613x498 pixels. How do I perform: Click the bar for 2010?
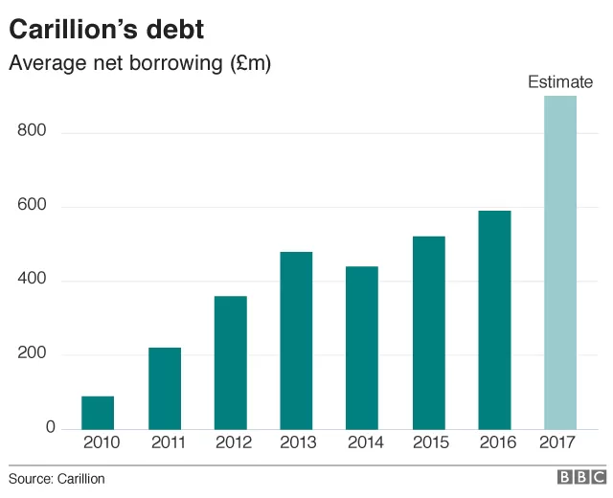(98, 413)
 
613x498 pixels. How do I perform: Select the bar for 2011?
(165, 389)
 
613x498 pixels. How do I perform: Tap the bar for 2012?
(231, 363)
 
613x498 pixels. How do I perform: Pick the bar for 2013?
(296, 341)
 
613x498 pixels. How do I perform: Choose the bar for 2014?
(362, 348)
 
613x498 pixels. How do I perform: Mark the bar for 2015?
(429, 333)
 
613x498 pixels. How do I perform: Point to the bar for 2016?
(494, 320)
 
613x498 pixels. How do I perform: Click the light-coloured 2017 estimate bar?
(560, 262)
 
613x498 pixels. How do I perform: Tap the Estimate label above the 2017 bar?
(560, 82)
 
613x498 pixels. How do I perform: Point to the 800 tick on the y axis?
(32, 130)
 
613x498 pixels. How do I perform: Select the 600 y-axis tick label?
(32, 204)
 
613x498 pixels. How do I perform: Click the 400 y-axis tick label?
(32, 279)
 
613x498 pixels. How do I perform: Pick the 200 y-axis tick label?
(32, 352)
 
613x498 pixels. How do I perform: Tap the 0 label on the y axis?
(51, 427)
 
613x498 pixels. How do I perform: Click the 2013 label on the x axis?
(298, 442)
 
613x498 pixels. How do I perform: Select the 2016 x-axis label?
(498, 442)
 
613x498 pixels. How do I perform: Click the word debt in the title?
(175, 30)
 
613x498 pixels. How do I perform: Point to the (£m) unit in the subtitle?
(251, 63)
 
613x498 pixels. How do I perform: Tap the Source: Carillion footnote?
(57, 479)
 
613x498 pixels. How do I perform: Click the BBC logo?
(581, 477)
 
